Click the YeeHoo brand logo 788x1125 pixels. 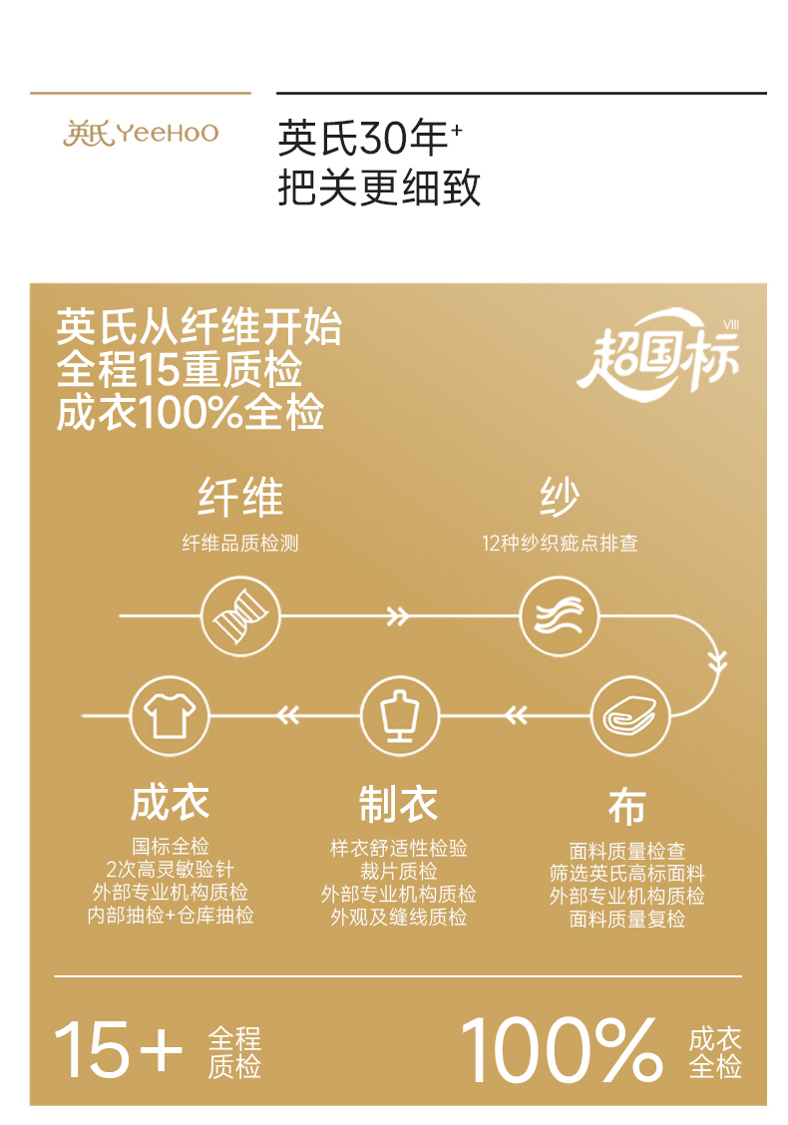[141, 134]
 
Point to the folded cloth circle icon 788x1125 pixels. [629, 715]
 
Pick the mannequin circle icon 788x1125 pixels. [399, 715]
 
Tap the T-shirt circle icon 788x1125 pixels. [170, 715]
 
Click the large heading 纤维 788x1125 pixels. [240, 497]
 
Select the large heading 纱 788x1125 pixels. [559, 497]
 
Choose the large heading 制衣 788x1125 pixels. [398, 803]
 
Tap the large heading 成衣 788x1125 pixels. [170, 803]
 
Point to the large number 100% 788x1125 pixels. [562, 1050]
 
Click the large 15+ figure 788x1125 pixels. [118, 1050]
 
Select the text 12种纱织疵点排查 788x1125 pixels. [560, 544]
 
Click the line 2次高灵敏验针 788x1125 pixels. [170, 870]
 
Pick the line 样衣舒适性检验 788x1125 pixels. [398, 849]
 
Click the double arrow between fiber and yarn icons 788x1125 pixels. [398, 616]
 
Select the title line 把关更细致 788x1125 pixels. [379, 187]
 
